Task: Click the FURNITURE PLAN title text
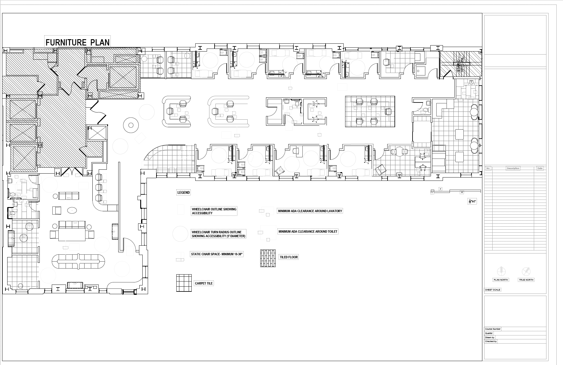(78, 42)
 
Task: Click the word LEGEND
(184, 193)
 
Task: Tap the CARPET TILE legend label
(204, 283)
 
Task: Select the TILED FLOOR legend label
(289, 257)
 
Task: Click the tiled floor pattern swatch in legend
(268, 258)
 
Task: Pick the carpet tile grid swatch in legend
(184, 283)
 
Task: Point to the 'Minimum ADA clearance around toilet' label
(308, 231)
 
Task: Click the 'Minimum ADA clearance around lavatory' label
(310, 211)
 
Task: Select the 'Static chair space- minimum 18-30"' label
(217, 254)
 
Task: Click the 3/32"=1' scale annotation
(472, 201)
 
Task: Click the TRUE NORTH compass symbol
(526, 271)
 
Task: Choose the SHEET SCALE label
(493, 290)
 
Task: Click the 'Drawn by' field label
(490, 337)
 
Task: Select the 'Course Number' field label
(493, 329)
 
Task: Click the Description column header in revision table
(513, 168)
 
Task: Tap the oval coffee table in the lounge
(72, 210)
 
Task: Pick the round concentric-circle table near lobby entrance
(131, 125)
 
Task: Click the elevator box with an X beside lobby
(97, 133)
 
